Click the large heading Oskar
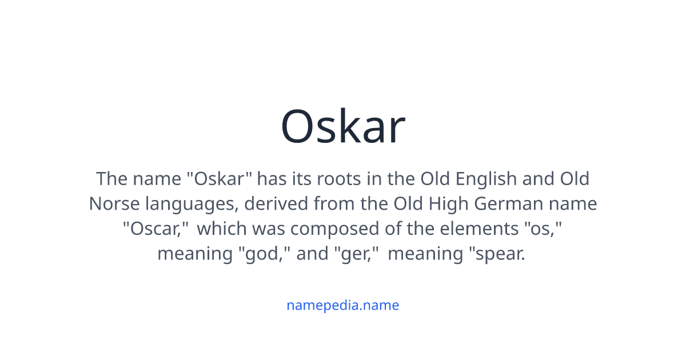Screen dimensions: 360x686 click(x=343, y=127)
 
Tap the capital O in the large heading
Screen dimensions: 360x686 click(x=299, y=127)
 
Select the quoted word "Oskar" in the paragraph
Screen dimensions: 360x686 click(x=220, y=179)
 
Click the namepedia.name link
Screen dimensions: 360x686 click(x=343, y=305)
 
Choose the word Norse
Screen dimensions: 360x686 click(x=113, y=204)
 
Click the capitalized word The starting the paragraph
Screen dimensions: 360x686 click(x=110, y=179)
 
